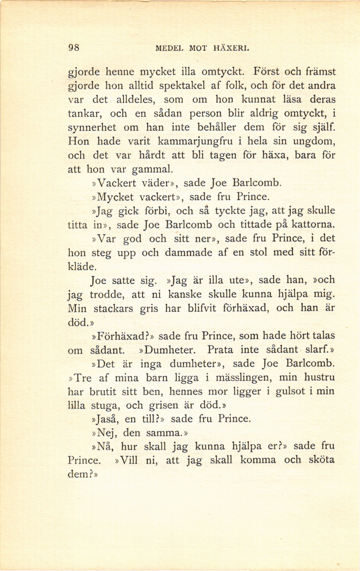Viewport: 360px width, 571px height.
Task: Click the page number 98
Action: pyautogui.click(x=74, y=48)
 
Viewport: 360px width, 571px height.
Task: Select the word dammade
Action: pyautogui.click(x=187, y=252)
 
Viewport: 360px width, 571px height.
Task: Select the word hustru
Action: pyautogui.click(x=319, y=377)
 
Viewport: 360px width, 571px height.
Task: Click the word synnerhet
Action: pyautogui.click(x=92, y=128)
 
